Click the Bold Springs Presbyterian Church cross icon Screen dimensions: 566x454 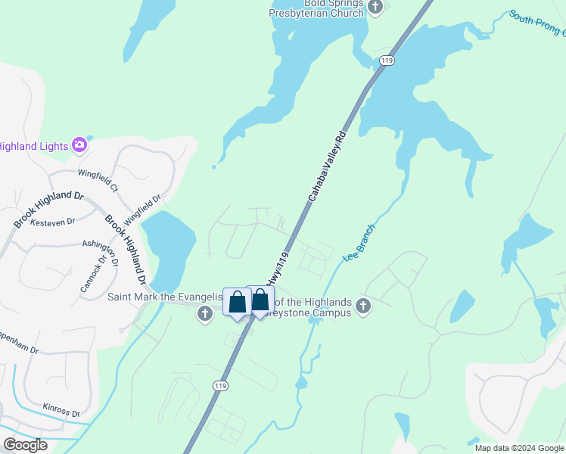(376, 7)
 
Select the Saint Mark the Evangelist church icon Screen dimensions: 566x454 (204, 313)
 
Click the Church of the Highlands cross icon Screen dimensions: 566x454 (363, 306)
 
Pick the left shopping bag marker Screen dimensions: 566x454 (237, 303)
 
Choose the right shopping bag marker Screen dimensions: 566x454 (260, 300)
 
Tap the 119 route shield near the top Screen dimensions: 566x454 (387, 61)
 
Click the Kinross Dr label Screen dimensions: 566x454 (61, 409)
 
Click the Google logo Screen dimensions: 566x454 (25, 445)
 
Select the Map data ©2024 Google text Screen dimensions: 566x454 (518, 448)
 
